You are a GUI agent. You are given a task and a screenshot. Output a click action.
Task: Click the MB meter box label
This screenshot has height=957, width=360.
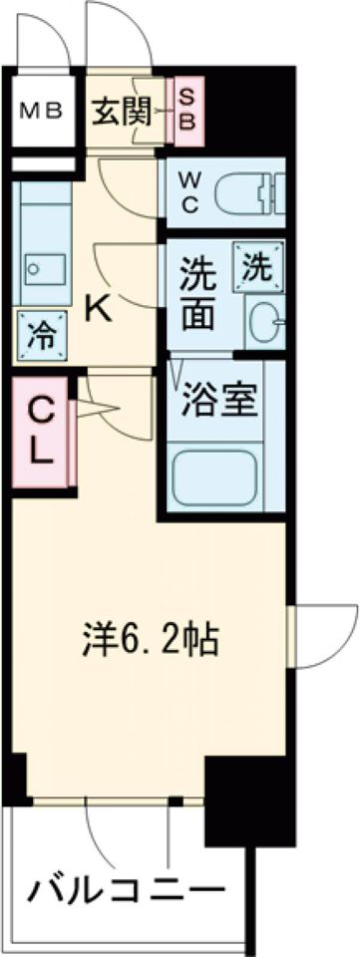[x=41, y=113]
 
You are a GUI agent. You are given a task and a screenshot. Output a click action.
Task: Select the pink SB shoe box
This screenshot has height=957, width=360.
[x=186, y=112]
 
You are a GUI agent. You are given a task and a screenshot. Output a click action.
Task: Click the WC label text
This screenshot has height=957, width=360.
[x=188, y=193]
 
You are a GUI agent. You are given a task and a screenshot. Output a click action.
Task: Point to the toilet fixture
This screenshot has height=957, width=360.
[x=249, y=192]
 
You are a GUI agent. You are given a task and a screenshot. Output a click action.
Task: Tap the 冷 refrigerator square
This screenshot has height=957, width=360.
[x=40, y=336]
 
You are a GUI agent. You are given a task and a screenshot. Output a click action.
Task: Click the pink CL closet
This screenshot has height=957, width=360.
[x=41, y=434]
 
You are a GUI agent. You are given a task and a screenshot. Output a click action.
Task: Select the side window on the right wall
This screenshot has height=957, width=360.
[x=292, y=636]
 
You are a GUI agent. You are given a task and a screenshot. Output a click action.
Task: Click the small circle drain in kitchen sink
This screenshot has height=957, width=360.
[x=35, y=267]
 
